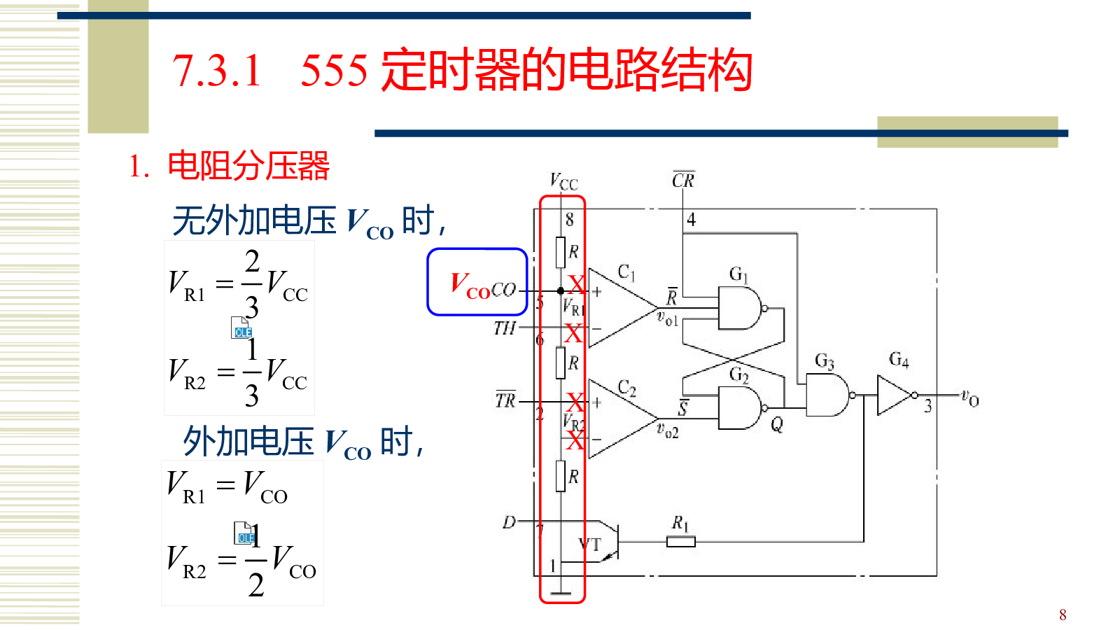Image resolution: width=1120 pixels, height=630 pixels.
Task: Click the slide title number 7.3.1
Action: pos(217,71)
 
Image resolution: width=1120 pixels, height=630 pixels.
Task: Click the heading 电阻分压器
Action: pos(248,167)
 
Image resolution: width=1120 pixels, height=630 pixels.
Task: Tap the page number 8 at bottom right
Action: pos(1063,615)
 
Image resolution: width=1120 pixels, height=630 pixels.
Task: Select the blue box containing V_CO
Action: pos(477,282)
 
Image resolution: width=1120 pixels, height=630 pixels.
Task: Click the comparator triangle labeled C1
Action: pos(619,308)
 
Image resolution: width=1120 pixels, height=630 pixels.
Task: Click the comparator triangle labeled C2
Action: pos(619,419)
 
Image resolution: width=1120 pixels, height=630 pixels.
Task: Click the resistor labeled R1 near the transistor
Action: pos(680,541)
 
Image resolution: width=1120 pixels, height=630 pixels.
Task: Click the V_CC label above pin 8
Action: pos(563,182)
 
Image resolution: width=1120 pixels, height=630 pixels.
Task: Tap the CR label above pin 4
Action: pos(682,180)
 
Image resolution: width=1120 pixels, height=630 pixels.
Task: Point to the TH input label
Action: pos(504,328)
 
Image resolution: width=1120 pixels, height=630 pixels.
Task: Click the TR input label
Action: pos(505,400)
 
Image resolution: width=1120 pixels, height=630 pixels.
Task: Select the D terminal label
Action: pos(509,522)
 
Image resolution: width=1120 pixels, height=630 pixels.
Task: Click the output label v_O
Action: pos(969,398)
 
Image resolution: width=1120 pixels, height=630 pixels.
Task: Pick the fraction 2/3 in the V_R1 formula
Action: pos(251,283)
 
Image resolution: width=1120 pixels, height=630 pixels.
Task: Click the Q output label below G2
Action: pos(777,425)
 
